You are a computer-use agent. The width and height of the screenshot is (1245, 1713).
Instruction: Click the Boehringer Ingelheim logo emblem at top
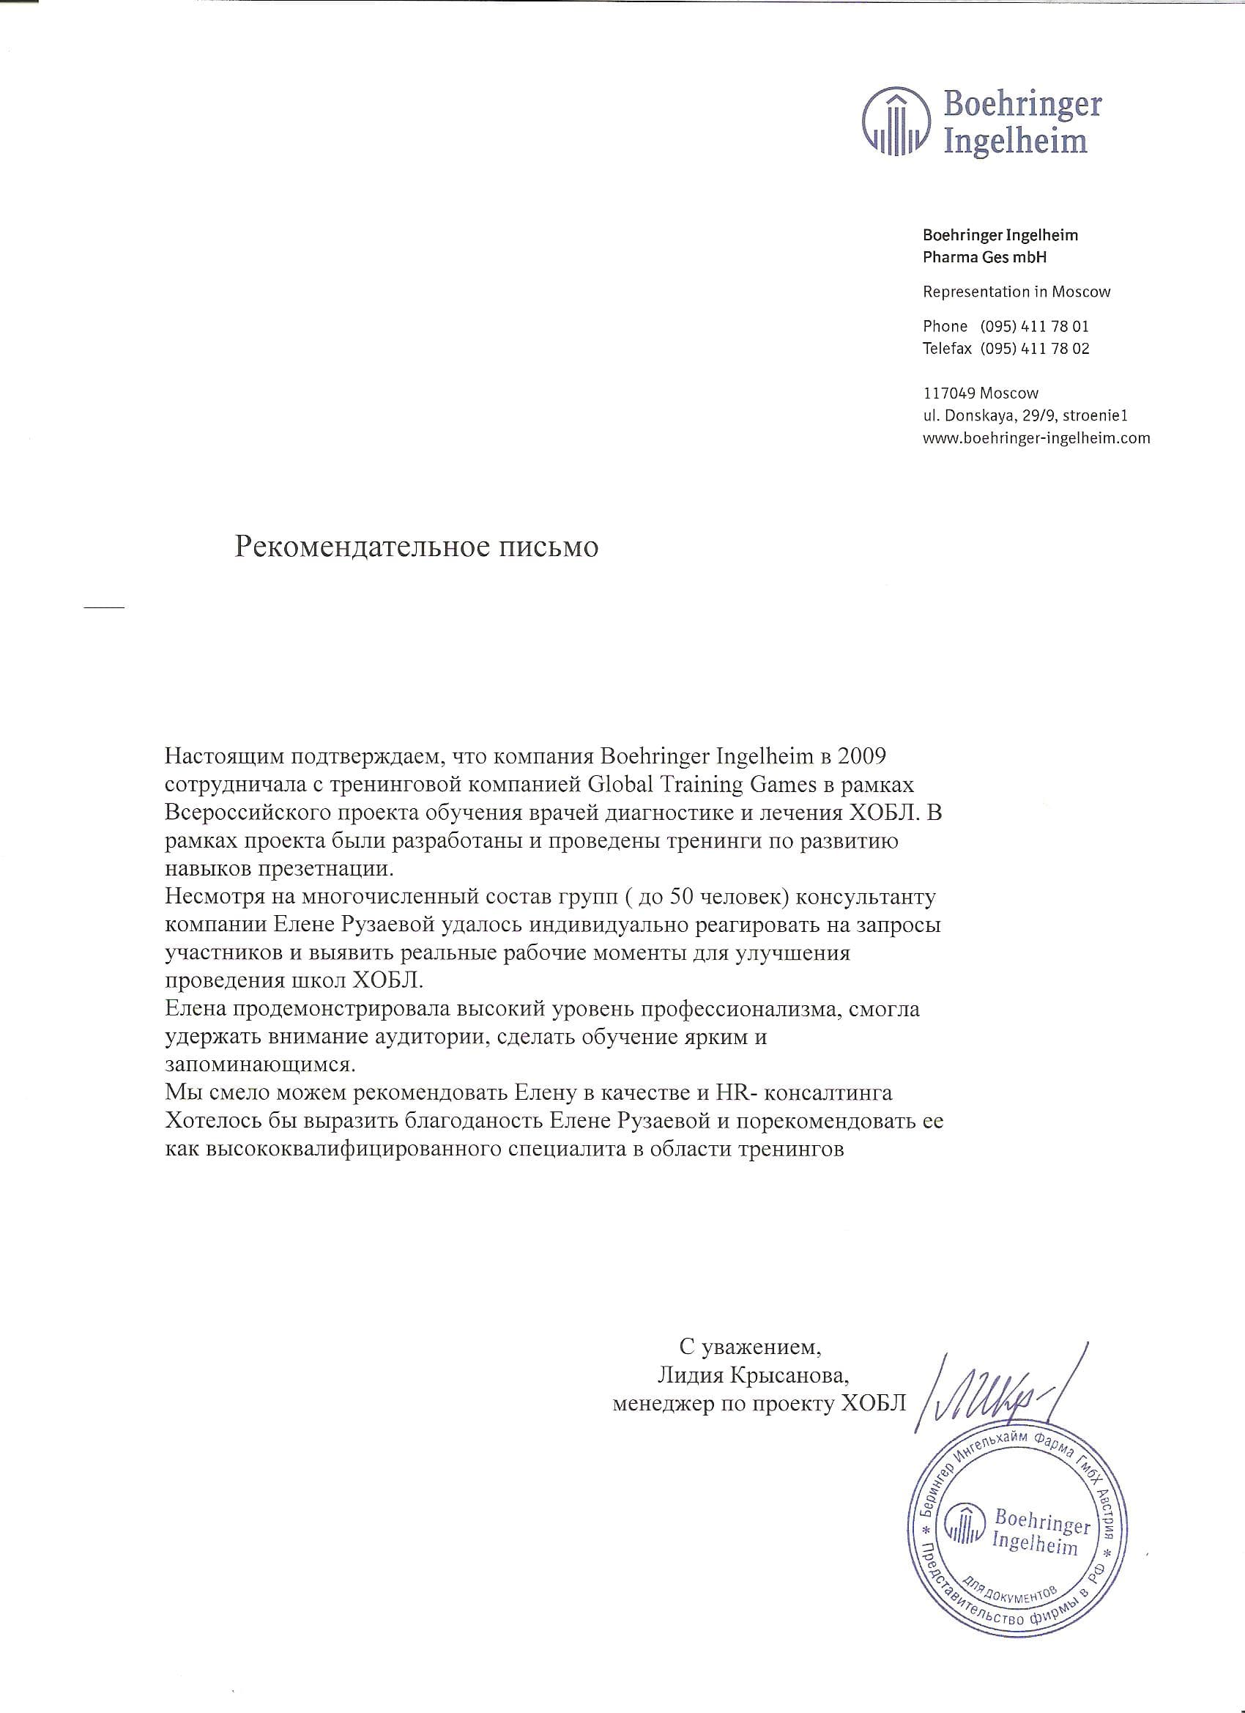[896, 124]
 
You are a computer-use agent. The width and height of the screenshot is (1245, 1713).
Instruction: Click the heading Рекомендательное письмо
[416, 546]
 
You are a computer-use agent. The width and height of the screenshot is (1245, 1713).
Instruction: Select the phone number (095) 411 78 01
[1034, 326]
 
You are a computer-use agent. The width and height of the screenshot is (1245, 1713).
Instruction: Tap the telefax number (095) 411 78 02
[1034, 348]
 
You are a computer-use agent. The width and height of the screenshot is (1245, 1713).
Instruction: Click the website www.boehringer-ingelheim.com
[1036, 437]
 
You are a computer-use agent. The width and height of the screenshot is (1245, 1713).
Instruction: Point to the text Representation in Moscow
[1017, 292]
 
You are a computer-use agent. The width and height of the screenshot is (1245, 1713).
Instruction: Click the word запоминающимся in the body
[260, 1065]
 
